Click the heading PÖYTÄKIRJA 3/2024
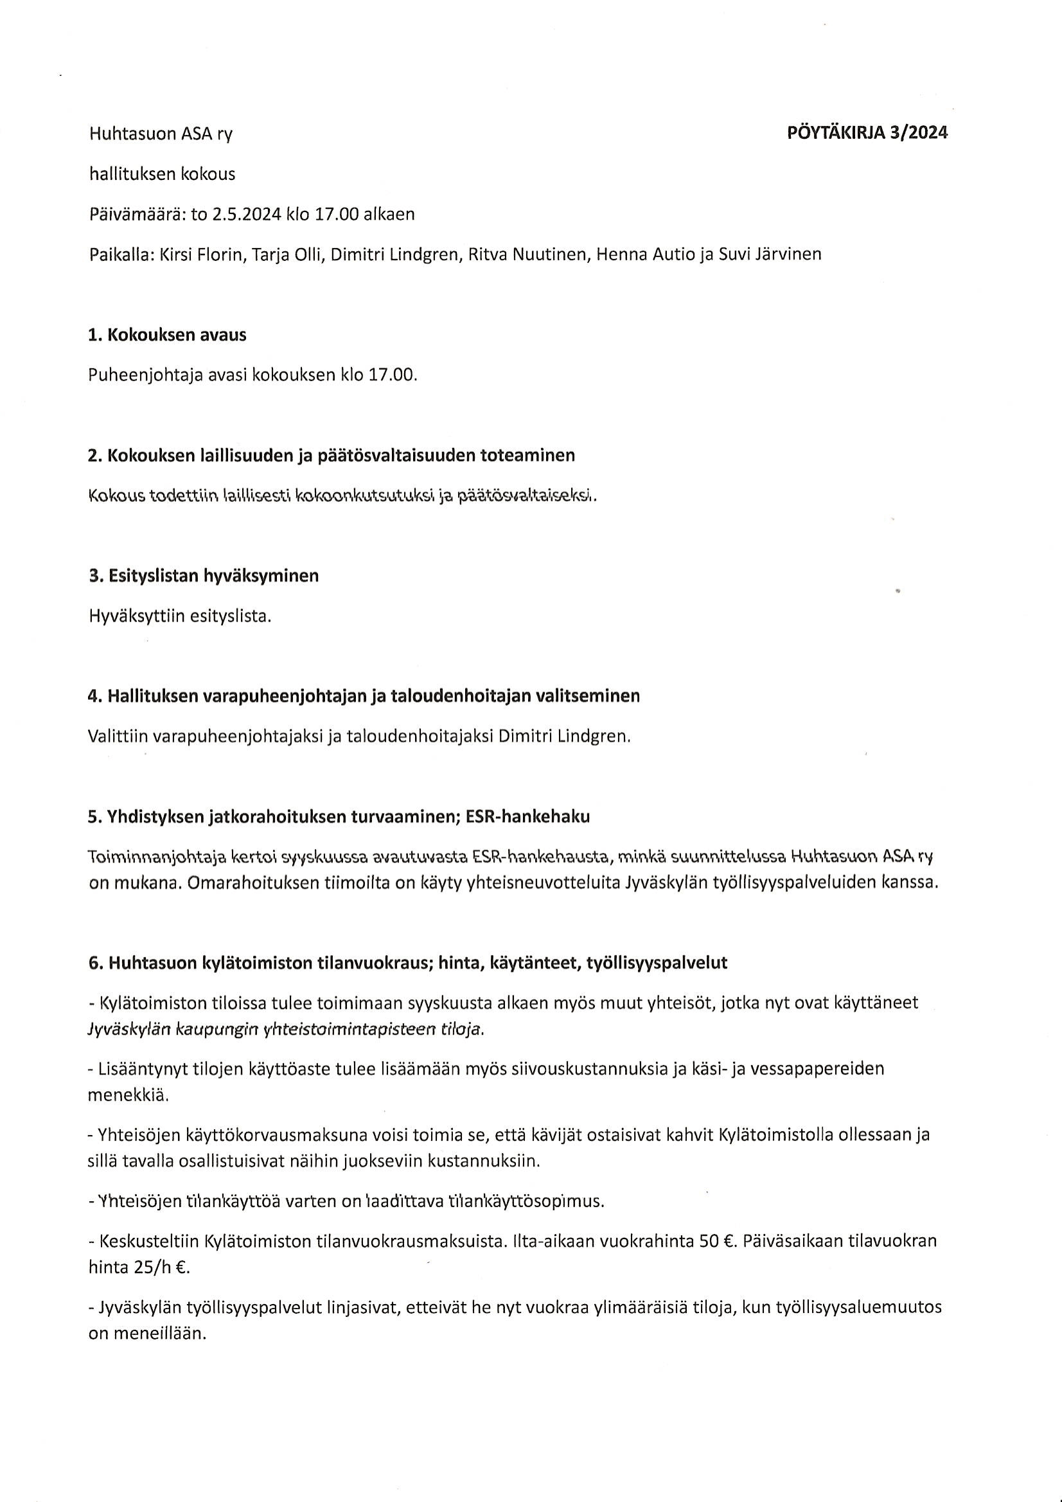point(867,133)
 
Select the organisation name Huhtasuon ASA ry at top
point(161,134)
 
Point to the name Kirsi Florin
point(202,255)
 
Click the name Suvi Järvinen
point(770,255)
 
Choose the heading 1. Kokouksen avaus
point(168,335)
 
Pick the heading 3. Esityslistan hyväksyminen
point(204,577)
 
